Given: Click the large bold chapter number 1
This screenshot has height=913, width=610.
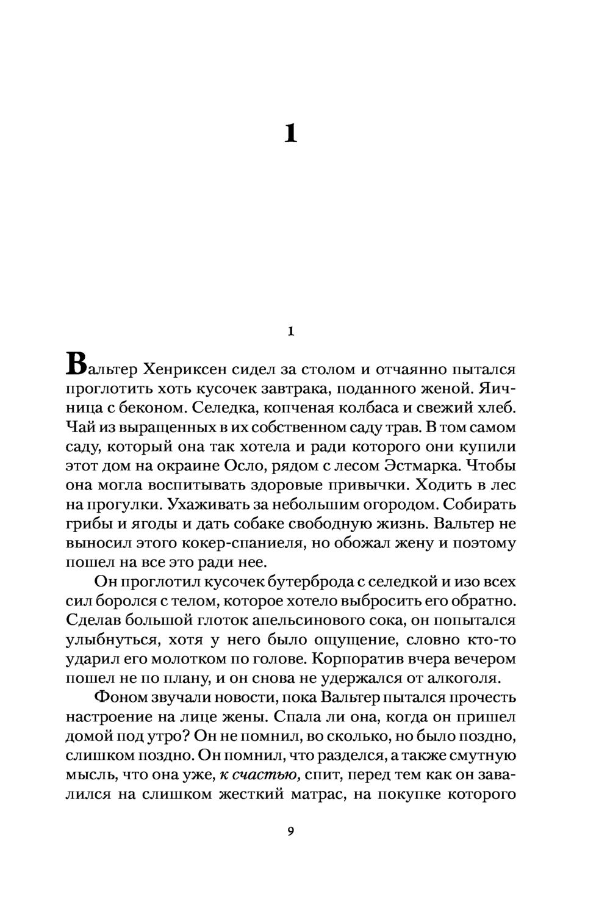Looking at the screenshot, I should point(291,133).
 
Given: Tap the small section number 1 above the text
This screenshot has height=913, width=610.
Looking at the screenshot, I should point(290,331).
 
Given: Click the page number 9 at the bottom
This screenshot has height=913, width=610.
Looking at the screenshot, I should point(290,831).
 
